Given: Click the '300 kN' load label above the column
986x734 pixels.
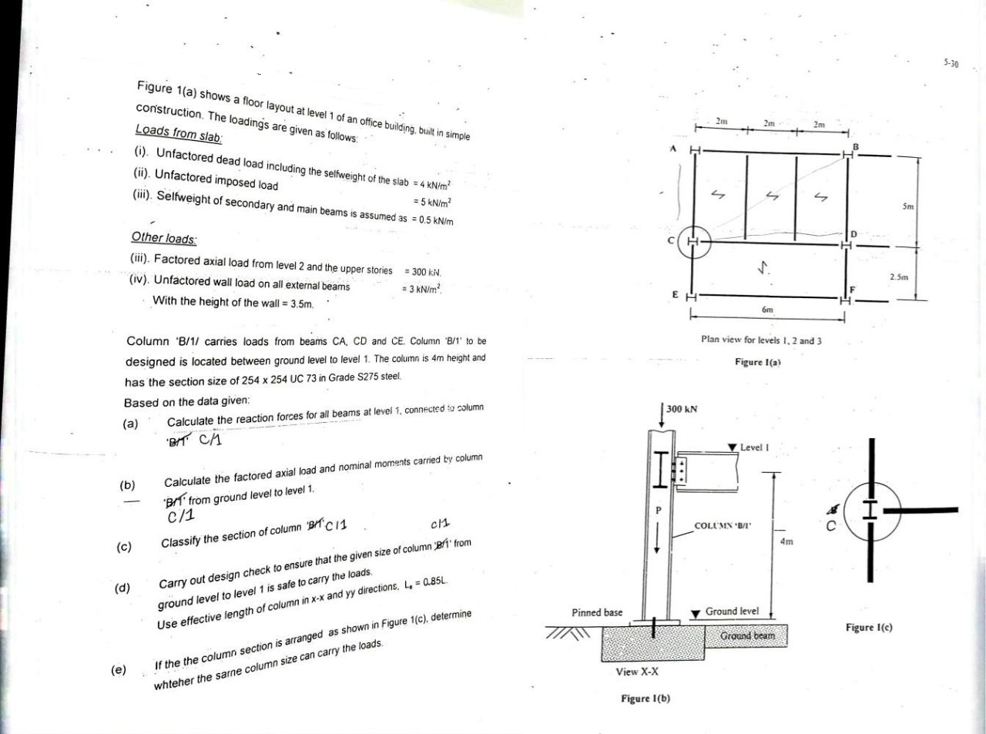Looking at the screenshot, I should point(682,409).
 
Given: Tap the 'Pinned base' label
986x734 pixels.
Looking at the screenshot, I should point(597,612).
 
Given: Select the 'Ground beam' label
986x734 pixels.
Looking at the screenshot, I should point(747,635).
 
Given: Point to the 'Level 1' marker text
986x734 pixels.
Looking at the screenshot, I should point(755,447).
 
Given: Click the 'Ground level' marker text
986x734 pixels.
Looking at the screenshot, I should point(732,611).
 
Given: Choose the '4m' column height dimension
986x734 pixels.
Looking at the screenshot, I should point(786,541).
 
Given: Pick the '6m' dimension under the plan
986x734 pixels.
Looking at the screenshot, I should point(767,309).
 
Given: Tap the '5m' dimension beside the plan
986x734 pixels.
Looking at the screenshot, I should point(908,206).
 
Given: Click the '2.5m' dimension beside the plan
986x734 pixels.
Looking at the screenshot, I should point(899,276).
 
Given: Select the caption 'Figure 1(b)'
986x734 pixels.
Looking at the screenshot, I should point(646,699).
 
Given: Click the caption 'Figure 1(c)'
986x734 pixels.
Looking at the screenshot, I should point(869,628).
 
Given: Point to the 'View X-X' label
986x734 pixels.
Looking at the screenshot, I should point(637,672).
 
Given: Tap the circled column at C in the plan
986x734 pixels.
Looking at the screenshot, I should point(693,242).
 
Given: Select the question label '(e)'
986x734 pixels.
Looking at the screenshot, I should point(119,669).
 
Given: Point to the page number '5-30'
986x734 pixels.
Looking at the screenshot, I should point(950,63).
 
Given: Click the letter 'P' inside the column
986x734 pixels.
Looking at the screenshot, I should point(658,510).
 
